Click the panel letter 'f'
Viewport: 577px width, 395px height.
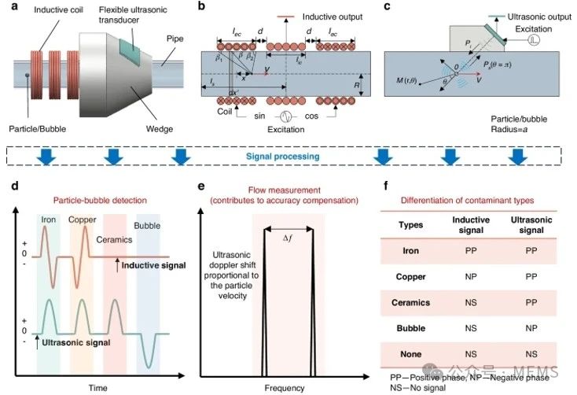[x=386, y=187]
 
